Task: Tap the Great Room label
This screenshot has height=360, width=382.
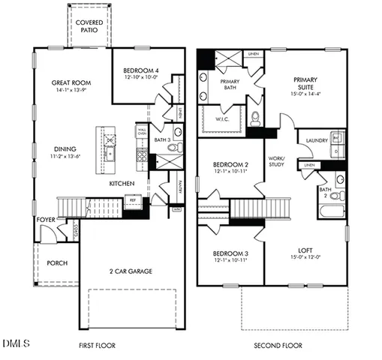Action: tap(71, 83)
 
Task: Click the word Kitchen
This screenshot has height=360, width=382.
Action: tap(123, 184)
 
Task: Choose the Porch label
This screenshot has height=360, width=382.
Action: tap(58, 263)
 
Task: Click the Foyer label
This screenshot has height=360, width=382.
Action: tap(45, 220)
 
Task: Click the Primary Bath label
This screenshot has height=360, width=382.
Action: tap(229, 85)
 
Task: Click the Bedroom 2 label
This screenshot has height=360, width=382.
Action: tap(230, 165)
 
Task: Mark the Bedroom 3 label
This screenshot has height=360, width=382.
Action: tap(230, 253)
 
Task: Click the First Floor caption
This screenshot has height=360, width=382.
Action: tap(97, 346)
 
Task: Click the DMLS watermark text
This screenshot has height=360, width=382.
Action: tap(16, 343)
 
